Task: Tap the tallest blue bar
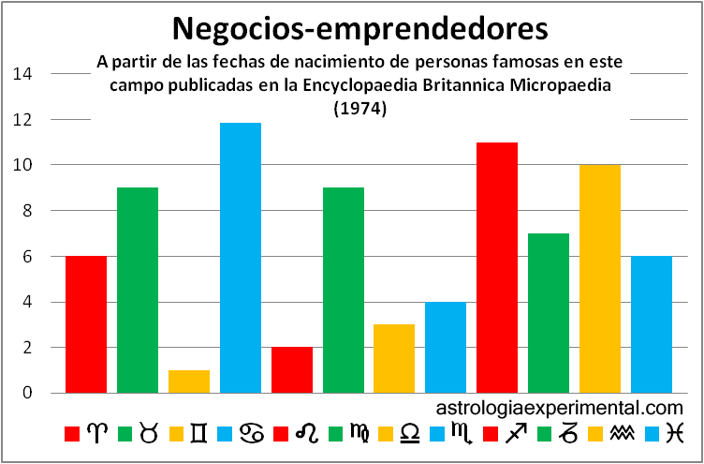click(x=241, y=258)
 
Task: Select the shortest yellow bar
click(x=189, y=382)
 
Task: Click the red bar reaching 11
click(x=497, y=267)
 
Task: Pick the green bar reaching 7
click(x=549, y=313)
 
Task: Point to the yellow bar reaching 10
click(x=600, y=278)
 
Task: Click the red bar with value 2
click(x=292, y=369)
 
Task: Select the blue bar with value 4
click(x=446, y=347)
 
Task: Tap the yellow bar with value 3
click(x=394, y=358)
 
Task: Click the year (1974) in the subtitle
click(x=360, y=109)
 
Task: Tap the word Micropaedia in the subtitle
click(x=592, y=86)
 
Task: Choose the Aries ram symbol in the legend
click(x=97, y=432)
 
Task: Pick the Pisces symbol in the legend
click(x=675, y=432)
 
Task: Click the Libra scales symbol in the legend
click(x=410, y=432)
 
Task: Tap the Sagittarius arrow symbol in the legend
click(x=514, y=432)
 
